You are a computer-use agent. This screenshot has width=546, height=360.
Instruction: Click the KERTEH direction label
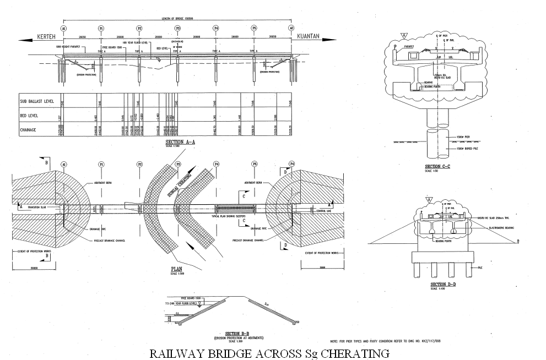click(x=47, y=37)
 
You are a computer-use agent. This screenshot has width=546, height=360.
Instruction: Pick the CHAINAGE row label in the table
click(x=28, y=130)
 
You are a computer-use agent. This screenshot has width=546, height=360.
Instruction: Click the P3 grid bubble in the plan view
click(x=177, y=164)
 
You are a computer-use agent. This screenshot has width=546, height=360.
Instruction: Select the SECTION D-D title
click(x=441, y=285)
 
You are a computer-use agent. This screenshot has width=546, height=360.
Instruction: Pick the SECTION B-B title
click(x=239, y=334)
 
